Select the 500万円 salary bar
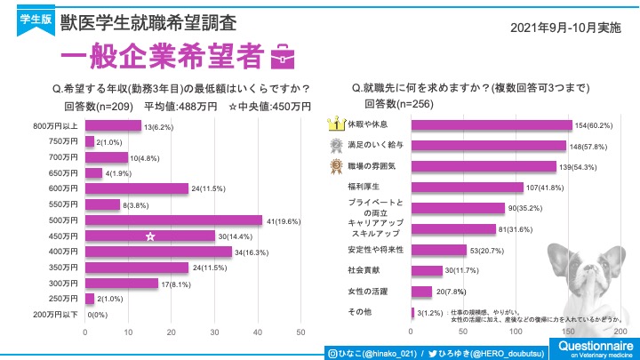click(173, 220)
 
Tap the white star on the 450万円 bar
click(151, 236)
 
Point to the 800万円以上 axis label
click(56, 127)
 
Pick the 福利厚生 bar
click(467, 187)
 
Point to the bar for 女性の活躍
click(421, 292)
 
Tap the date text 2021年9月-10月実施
click(566, 28)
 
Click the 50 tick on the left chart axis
click(300, 332)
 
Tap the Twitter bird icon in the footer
click(431, 352)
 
